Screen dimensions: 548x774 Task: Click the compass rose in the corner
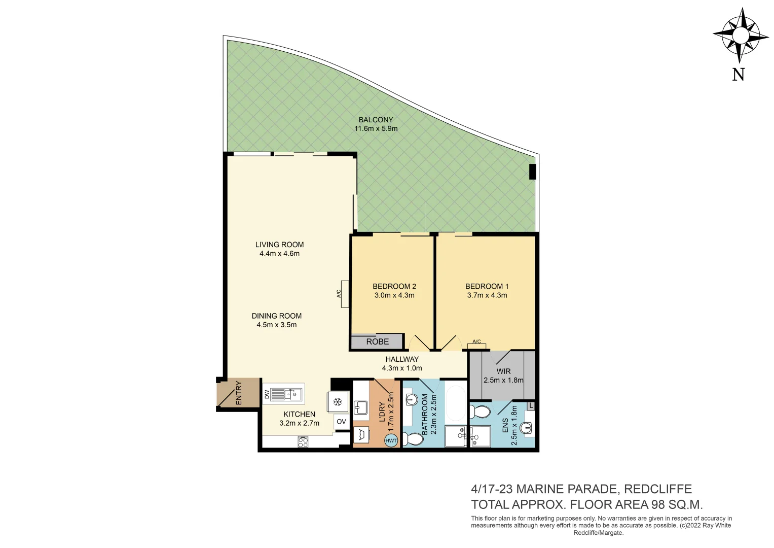click(740, 35)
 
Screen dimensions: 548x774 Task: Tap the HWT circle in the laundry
click(391, 440)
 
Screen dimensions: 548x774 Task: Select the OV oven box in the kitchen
click(341, 422)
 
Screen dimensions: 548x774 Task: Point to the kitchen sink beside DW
click(286, 394)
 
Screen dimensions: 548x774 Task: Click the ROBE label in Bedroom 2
click(377, 341)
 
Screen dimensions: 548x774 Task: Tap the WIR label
click(503, 371)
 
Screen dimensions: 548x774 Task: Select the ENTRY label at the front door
click(239, 393)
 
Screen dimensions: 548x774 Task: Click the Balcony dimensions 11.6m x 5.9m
click(376, 128)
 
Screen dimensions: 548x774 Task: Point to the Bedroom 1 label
click(487, 286)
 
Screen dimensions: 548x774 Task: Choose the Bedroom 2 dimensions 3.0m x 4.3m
click(394, 295)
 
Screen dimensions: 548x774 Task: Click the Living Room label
click(279, 245)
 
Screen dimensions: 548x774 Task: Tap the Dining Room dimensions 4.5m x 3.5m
click(277, 325)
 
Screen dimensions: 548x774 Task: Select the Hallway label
click(402, 359)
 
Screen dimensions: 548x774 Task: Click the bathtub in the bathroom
click(456, 403)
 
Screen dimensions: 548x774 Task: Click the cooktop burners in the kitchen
click(303, 442)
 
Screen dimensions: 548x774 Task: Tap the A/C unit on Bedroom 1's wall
click(476, 346)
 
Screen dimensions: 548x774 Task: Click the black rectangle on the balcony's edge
click(532, 172)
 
